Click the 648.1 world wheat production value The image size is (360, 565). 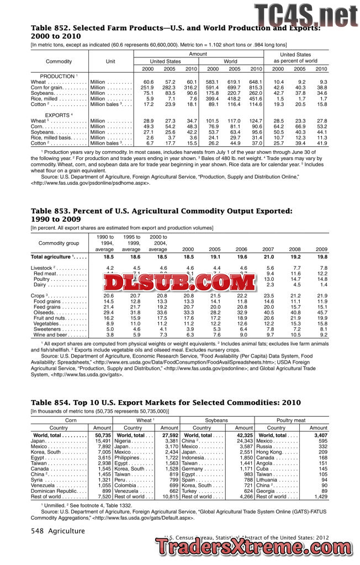click(255, 82)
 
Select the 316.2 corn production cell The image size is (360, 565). click(190, 87)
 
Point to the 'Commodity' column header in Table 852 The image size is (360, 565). click(59, 61)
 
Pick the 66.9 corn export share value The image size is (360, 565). click(300, 126)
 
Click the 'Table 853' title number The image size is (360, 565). click(54, 211)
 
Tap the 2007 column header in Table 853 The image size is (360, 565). click(267, 249)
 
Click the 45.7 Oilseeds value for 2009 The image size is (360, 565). click(320, 313)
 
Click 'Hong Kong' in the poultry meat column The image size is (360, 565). click(269, 451)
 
